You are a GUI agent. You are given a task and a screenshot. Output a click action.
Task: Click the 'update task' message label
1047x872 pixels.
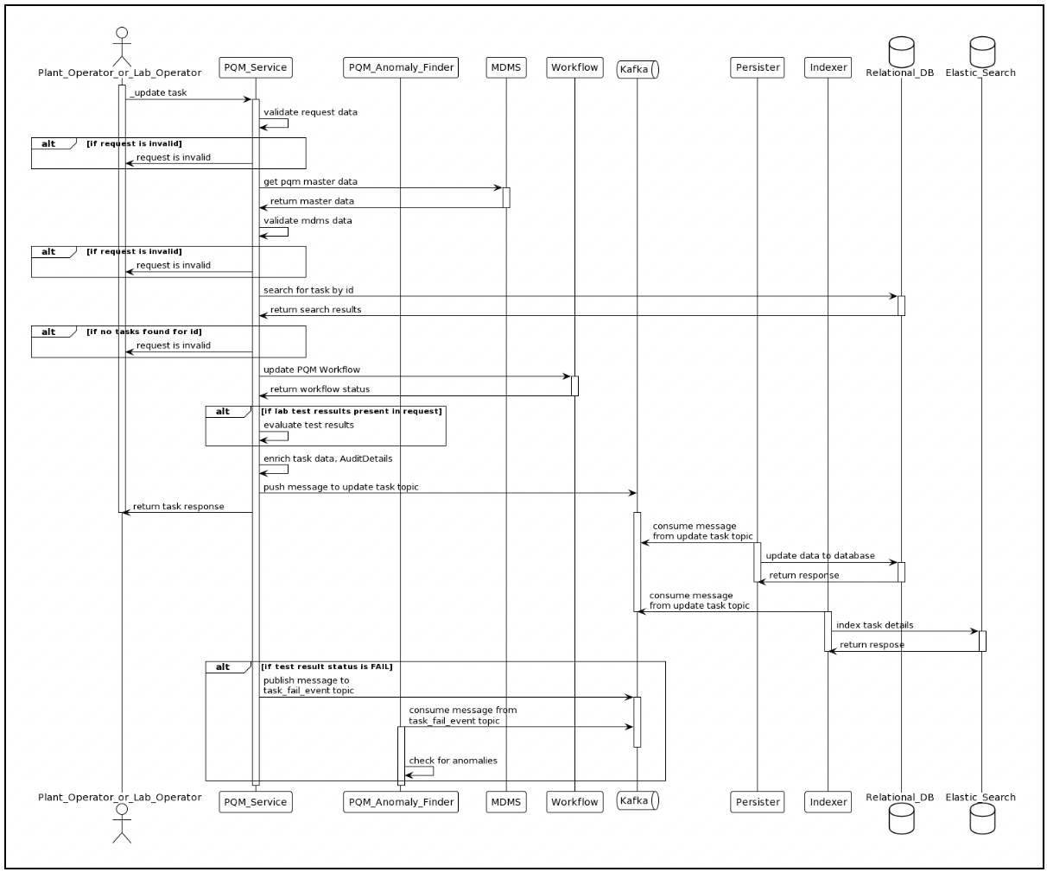point(159,92)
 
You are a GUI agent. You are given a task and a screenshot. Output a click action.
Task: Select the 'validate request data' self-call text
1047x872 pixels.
point(310,112)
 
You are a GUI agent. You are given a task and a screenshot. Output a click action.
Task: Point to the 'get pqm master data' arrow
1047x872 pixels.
point(380,188)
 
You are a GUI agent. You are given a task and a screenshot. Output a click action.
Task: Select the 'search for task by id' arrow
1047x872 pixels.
point(579,297)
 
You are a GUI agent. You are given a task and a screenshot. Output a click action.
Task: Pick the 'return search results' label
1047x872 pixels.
point(315,309)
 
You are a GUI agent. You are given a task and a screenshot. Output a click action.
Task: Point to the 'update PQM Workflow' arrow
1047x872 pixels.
point(415,376)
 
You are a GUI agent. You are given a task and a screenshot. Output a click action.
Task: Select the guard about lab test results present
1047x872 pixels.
point(352,411)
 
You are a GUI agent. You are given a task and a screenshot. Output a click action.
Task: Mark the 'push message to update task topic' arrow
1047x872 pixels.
point(447,493)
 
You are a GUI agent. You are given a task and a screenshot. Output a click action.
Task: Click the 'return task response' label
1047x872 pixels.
point(178,507)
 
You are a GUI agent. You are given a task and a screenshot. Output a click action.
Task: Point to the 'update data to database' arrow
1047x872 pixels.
point(829,563)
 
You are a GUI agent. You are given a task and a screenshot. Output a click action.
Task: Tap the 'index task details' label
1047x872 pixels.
point(874,625)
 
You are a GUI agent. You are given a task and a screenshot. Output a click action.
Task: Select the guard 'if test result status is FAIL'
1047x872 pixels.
point(327,667)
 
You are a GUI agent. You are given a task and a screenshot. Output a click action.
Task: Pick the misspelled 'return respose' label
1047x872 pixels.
point(872,645)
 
